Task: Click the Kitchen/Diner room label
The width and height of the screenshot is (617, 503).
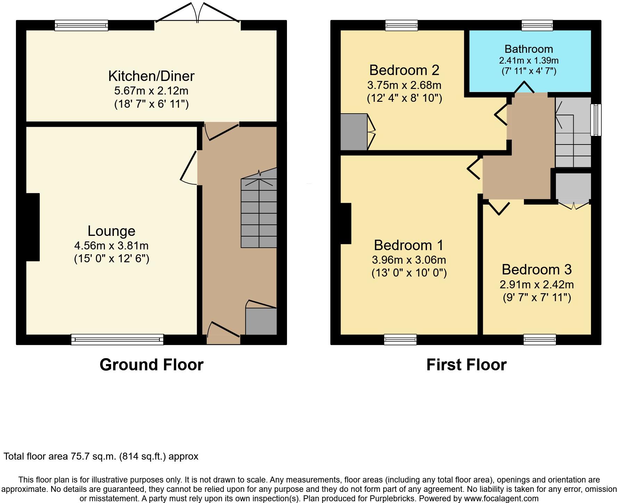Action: pyautogui.click(x=151, y=76)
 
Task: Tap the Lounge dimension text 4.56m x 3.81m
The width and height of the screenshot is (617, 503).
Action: pyautogui.click(x=111, y=246)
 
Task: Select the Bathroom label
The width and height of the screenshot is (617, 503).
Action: pyautogui.click(x=528, y=49)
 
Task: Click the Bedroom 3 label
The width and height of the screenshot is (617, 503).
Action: pyautogui.click(x=536, y=270)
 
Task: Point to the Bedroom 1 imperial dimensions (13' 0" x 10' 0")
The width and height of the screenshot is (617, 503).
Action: pyautogui.click(x=409, y=273)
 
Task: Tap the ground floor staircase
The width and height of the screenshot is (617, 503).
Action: pyautogui.click(x=259, y=212)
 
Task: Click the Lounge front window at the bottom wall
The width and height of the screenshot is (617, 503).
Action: pyautogui.click(x=117, y=339)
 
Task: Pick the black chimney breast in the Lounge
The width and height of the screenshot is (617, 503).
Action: pyautogui.click(x=33, y=227)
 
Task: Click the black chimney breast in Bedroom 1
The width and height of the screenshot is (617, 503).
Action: pyautogui.click(x=346, y=223)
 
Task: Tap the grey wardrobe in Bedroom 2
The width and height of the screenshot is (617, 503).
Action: pyautogui.click(x=354, y=132)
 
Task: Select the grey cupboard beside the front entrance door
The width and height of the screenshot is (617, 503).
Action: pyautogui.click(x=261, y=321)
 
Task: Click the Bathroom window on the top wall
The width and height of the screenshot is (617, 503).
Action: pyautogui.click(x=537, y=25)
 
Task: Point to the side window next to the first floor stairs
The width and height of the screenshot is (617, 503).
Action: pyautogui.click(x=596, y=120)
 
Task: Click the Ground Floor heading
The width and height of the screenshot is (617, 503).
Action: pyautogui.click(x=151, y=365)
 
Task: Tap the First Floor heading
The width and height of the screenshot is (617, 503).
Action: pyautogui.click(x=466, y=365)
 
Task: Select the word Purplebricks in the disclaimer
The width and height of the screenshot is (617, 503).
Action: pyautogui.click(x=395, y=498)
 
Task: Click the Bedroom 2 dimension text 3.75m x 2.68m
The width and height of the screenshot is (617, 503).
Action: pyautogui.click(x=404, y=85)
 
